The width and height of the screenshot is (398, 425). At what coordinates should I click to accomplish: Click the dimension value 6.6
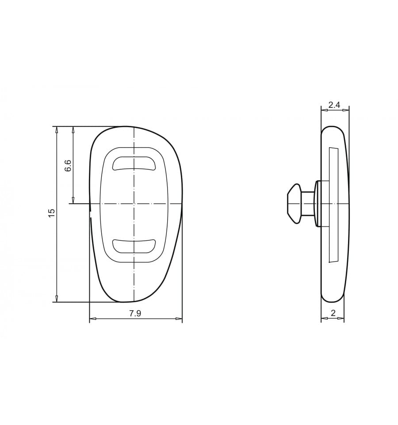(68, 165)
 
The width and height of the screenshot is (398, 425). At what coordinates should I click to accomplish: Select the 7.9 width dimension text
(135, 314)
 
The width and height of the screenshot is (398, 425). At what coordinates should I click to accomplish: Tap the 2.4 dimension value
(334, 105)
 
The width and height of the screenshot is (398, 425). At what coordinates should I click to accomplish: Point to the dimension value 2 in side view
(333, 313)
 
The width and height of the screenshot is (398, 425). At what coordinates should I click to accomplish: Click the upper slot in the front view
(134, 163)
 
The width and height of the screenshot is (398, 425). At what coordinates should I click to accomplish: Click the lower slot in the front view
(134, 247)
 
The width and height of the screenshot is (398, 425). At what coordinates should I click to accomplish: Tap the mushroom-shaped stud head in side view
(295, 204)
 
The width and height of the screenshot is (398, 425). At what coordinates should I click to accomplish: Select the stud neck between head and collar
(308, 204)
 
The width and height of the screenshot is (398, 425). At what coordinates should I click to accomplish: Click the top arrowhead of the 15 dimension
(57, 129)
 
